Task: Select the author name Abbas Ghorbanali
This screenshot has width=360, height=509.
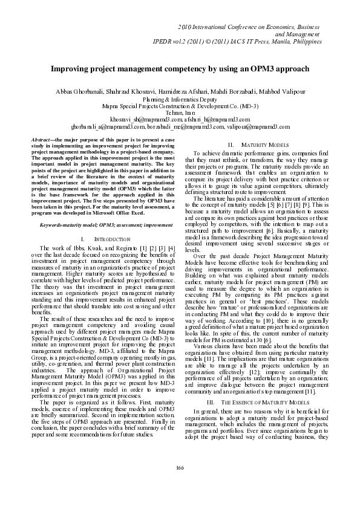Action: (x=72, y=91)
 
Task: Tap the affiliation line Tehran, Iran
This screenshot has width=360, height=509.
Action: (x=180, y=112)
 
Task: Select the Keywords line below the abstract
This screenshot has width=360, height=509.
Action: (x=102, y=224)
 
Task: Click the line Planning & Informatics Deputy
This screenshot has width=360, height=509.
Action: (x=180, y=99)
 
